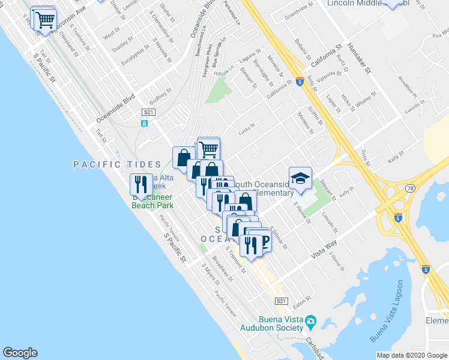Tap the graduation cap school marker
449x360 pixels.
(x=300, y=178)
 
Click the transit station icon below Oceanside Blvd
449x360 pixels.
(x=144, y=124)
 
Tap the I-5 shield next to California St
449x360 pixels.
(x=298, y=82)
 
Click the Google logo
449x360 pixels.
(x=20, y=353)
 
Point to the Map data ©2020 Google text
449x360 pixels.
(x=411, y=355)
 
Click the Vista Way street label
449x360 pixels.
(x=324, y=249)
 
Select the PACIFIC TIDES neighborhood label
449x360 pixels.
(x=117, y=164)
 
